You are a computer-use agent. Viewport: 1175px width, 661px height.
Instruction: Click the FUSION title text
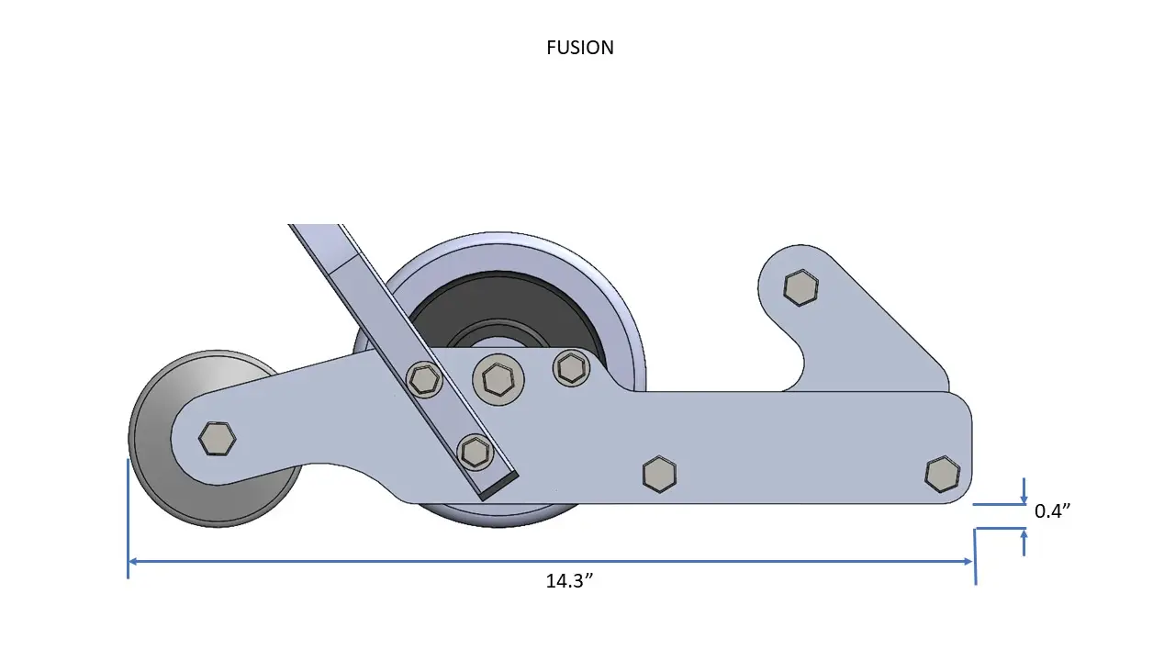[x=579, y=48]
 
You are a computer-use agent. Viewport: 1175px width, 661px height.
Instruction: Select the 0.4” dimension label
[x=1052, y=511]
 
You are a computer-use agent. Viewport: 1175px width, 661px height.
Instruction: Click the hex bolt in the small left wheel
[x=217, y=439]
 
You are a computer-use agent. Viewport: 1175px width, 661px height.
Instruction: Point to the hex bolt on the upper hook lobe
[x=800, y=287]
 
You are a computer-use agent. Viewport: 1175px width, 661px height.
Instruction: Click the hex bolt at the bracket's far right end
[x=942, y=473]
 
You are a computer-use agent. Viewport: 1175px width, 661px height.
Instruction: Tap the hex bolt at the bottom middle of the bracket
[x=659, y=473]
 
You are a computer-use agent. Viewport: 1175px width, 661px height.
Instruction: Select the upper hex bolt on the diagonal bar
[x=423, y=378]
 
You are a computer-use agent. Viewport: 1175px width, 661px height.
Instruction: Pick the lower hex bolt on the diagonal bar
[x=475, y=450]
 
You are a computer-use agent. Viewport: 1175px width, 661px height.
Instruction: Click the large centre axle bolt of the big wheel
[x=497, y=377]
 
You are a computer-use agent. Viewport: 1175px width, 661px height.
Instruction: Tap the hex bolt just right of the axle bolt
[x=570, y=368]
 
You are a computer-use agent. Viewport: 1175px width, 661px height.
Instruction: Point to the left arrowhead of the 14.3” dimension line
[x=134, y=561]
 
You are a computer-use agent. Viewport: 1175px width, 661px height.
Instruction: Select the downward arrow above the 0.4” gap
[x=1024, y=495]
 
